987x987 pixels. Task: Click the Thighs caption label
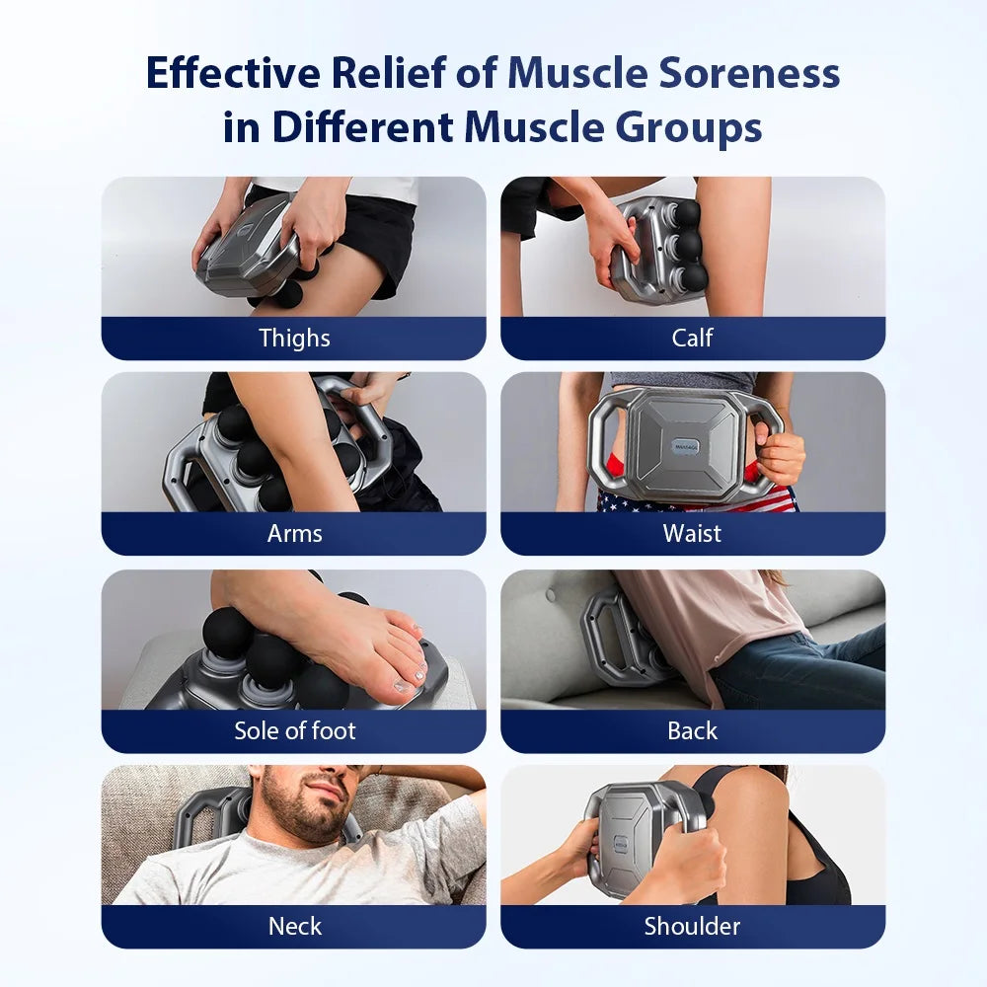294,338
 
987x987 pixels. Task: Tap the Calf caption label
692,338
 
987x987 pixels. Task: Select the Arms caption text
294,534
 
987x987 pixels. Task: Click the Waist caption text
692,534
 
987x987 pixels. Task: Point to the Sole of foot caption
294,730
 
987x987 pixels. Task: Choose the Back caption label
692,730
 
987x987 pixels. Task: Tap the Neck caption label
294,926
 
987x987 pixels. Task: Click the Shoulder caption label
692,926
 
